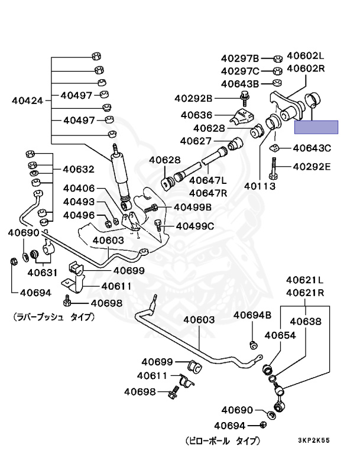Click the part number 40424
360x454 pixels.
pyautogui.click(x=27, y=100)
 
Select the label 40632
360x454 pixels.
pyautogui.click(x=78, y=169)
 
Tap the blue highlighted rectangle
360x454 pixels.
pyautogui.click(x=316, y=127)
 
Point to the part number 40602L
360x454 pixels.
pyautogui.click(x=306, y=56)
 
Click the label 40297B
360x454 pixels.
pyautogui.click(x=240, y=59)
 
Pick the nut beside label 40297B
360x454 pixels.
pyautogui.click(x=277, y=59)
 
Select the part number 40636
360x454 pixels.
pyautogui.click(x=197, y=115)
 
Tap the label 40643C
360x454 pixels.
pyautogui.click(x=312, y=148)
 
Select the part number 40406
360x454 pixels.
pyautogui.click(x=79, y=188)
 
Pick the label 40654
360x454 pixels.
pyautogui.click(x=280, y=336)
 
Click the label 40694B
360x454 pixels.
pyautogui.click(x=252, y=315)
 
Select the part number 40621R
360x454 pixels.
pyautogui.click(x=306, y=292)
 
